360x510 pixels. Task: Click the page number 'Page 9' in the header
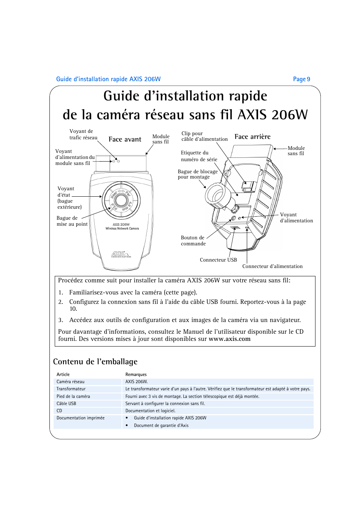pyautogui.click(x=301, y=79)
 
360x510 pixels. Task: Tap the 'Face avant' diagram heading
pyautogui.click(x=125, y=139)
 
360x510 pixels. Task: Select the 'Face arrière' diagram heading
pyautogui.click(x=252, y=137)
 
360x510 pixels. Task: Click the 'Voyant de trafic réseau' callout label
pyautogui.click(x=83, y=134)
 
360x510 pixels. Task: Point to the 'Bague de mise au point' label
pyautogui.click(x=72, y=221)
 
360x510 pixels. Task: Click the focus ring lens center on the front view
pyautogui.click(x=121, y=200)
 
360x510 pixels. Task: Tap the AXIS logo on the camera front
pyautogui.click(x=121, y=254)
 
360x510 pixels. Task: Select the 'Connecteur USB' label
pyautogui.click(x=218, y=260)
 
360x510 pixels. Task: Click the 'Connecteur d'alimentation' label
pyautogui.click(x=272, y=267)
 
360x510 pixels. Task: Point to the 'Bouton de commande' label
pyautogui.click(x=193, y=241)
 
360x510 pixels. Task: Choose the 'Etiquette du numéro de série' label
pyautogui.click(x=199, y=156)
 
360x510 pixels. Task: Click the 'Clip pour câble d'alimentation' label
pyautogui.click(x=204, y=136)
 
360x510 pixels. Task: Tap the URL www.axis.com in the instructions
pyautogui.click(x=229, y=339)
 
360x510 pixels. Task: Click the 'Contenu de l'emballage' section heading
pyautogui.click(x=95, y=362)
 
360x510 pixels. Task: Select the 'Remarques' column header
pyautogui.click(x=136, y=374)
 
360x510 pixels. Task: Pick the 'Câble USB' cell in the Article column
pyautogui.click(x=66, y=404)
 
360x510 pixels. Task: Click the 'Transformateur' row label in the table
pyautogui.click(x=71, y=389)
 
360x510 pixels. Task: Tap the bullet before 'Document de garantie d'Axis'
pyautogui.click(x=127, y=425)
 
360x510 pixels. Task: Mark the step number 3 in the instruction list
pyautogui.click(x=60, y=320)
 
